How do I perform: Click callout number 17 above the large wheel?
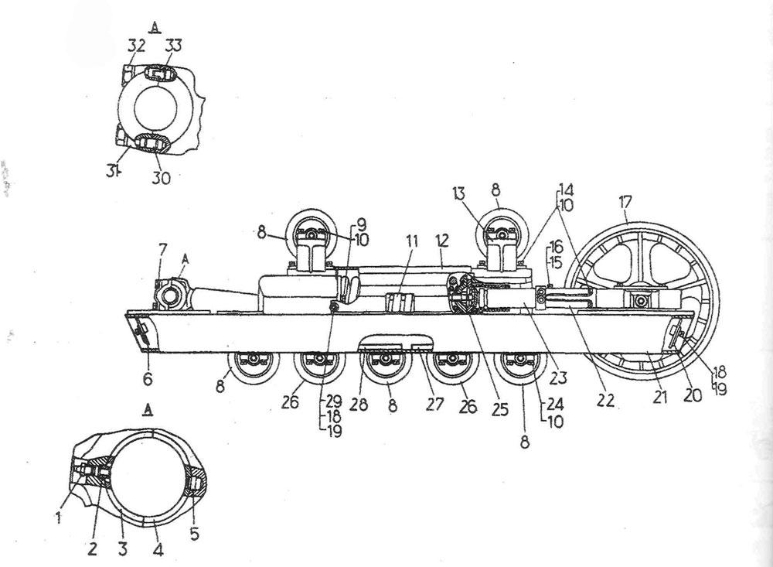[625, 203]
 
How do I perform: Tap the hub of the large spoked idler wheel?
[640, 299]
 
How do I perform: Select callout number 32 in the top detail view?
[137, 46]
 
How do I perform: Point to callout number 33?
[172, 46]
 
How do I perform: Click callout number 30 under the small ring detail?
[161, 178]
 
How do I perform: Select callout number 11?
[411, 241]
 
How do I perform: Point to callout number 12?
[442, 241]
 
